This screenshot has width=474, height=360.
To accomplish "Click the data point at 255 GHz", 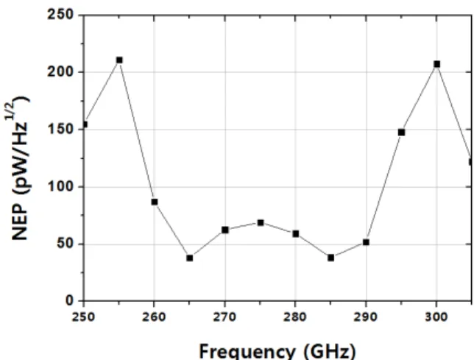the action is pos(119,60).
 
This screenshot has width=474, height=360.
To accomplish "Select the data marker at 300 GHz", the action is pos(436,64).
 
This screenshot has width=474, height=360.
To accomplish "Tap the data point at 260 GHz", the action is pos(155,202).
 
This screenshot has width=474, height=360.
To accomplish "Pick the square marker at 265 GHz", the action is pos(190,258).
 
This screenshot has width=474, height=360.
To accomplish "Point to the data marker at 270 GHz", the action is pos(225,230).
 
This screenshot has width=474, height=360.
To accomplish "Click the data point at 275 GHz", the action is pos(261,223).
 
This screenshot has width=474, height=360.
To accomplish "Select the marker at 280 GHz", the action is pos(296,233).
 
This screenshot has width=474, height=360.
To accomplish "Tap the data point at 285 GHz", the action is pos(331,258).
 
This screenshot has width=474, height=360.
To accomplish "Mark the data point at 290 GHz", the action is pos(366,242).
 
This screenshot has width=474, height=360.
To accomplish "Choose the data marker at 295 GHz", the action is pos(401,133).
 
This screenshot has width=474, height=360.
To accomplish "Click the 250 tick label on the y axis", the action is pos(60,15).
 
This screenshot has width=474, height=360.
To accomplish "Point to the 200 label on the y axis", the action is pos(60,72).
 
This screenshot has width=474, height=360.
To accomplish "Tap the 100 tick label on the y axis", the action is pos(60,186).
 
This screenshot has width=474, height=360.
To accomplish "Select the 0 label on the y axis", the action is pos(69,300).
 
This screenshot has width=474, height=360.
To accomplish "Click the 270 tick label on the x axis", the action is pos(224,317).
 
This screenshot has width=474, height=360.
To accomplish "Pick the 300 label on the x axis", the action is pos(436,317).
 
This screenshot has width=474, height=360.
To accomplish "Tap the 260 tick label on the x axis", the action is pos(154,317).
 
